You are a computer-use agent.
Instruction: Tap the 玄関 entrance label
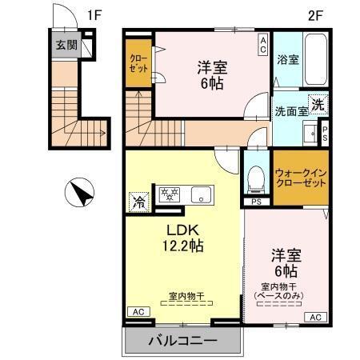point(66,45)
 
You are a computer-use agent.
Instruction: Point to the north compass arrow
point(79,192)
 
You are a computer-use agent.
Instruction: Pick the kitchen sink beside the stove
point(199,194)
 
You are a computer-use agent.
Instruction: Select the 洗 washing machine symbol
point(318,104)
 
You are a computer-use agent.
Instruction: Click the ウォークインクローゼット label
point(301,178)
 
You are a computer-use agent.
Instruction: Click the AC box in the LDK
point(137,311)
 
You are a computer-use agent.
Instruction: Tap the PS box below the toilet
point(255,202)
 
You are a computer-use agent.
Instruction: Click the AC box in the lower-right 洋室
point(314,318)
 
